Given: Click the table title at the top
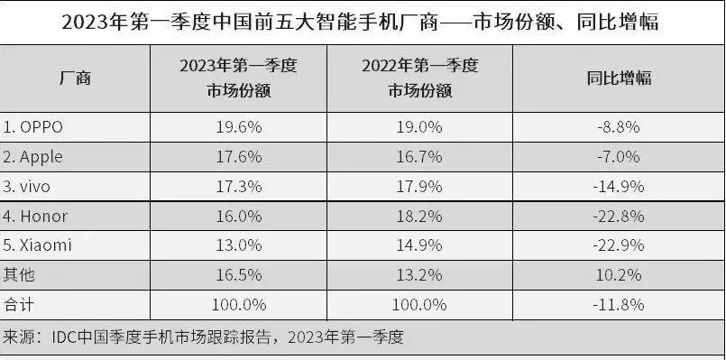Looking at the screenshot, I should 362,21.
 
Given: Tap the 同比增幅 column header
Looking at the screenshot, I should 618,78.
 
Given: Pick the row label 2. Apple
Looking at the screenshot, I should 33,157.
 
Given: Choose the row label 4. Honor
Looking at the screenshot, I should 36,217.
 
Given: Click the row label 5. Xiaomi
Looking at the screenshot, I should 38,245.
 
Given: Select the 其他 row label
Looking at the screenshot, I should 20,274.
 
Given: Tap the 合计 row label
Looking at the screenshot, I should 20,304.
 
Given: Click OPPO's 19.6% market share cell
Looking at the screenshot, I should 239,127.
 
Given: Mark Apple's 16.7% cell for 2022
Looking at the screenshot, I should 420,157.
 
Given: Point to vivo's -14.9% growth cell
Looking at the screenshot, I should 619,187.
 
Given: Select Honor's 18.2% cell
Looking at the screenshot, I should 420,217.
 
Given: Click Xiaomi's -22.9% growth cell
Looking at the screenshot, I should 619,245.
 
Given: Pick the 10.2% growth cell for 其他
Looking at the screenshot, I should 619,274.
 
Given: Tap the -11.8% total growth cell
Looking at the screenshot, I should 619,304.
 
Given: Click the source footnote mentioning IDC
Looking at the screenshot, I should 202,339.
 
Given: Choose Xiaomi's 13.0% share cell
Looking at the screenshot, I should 239,245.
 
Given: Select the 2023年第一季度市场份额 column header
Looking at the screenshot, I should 239,78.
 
